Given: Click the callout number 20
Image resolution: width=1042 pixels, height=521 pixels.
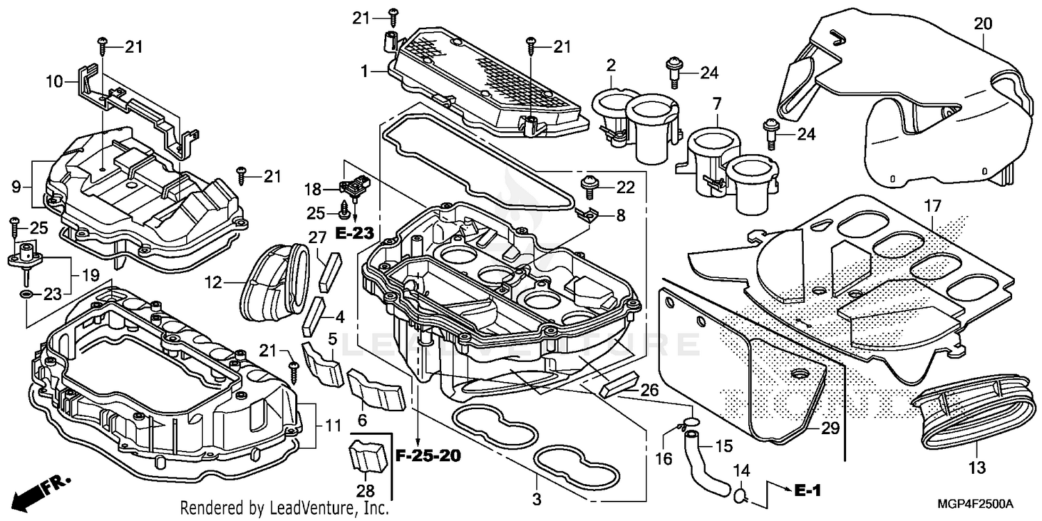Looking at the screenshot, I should [x=982, y=24].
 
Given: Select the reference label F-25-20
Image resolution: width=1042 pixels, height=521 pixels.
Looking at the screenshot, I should [x=428, y=456].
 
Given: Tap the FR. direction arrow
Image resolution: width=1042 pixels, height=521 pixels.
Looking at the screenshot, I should [x=33, y=494].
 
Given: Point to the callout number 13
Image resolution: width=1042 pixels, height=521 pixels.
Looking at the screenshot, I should [x=977, y=469].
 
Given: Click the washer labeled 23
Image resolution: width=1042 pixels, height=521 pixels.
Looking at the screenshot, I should [x=26, y=296].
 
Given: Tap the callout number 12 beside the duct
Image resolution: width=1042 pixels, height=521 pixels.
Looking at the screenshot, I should [x=213, y=283].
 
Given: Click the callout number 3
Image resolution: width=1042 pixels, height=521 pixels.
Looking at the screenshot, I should [x=536, y=499].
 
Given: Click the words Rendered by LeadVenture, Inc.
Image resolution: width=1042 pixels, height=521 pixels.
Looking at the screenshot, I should [x=284, y=508].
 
